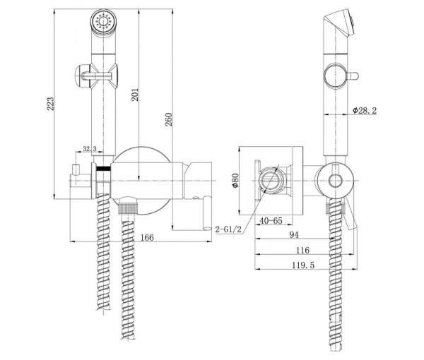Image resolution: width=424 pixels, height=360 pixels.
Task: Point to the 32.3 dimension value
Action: tap(90, 149)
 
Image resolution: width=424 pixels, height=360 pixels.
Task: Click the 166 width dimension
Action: tap(146, 237)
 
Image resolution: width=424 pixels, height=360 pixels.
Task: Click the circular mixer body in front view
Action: tap(141, 178)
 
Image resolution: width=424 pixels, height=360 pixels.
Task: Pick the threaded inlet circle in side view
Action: tap(271, 182)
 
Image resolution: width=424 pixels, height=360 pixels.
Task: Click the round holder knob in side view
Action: tap(336, 181)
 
